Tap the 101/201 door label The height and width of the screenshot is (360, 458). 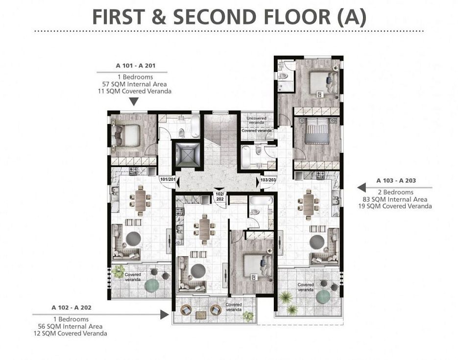point(168,179)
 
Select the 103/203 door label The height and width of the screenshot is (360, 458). point(268,180)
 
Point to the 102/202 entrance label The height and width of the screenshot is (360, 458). point(219,196)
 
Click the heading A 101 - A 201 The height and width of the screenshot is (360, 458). point(136,66)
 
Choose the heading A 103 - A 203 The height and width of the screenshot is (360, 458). point(396,180)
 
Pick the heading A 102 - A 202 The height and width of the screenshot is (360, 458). point(71,308)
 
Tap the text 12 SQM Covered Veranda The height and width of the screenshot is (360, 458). point(70,333)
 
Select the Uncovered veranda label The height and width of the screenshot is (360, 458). point(256,120)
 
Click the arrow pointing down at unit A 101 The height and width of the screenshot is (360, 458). point(134,101)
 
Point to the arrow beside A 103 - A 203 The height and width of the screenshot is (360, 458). point(362,188)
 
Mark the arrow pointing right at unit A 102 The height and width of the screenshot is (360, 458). point(165,314)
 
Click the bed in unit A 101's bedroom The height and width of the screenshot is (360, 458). point(126,136)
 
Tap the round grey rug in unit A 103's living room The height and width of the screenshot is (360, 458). point(317,242)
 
